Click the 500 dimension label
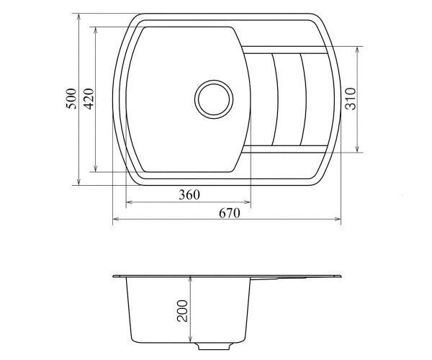71,99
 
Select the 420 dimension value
89,99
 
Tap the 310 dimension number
351,99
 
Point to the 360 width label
189,195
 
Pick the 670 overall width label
230,213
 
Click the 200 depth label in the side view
182,311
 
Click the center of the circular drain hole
214,99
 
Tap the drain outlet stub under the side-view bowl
214,346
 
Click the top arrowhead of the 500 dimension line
78,17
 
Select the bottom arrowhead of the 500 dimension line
78,181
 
